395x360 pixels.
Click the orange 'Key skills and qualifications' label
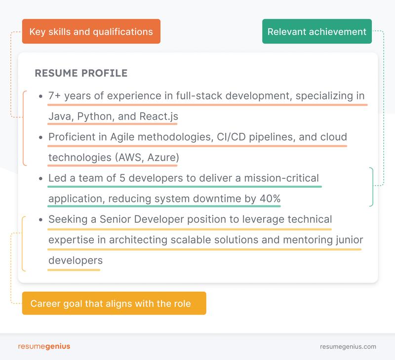[x=91, y=32]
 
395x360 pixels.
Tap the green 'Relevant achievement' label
[x=316, y=32]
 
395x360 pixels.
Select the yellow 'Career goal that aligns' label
[x=114, y=303]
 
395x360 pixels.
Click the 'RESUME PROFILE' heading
[x=81, y=73]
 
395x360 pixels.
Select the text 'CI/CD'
[x=232, y=137]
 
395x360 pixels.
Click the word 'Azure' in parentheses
[x=162, y=158]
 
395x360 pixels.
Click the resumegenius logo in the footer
[x=44, y=346]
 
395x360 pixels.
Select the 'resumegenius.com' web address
[x=348, y=347]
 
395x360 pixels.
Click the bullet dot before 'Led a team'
[x=40, y=178]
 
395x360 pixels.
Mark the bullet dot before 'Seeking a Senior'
[x=40, y=219]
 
